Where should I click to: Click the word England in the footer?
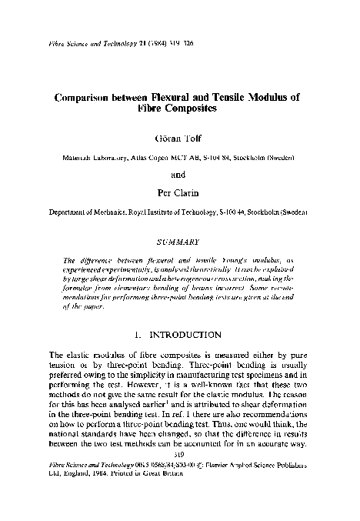pos(68,474)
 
